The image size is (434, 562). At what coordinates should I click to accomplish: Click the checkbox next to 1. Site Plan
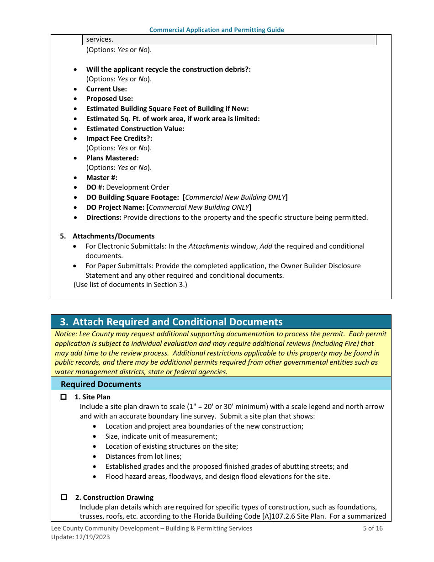tap(64, 397)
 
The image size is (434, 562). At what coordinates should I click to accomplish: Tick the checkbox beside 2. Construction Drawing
tap(64, 497)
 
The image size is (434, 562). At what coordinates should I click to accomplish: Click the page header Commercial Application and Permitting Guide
tap(217, 30)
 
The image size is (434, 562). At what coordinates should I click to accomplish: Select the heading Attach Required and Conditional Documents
tap(177, 322)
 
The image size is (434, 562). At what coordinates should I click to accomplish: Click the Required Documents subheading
tap(101, 384)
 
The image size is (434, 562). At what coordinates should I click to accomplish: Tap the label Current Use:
tap(106, 89)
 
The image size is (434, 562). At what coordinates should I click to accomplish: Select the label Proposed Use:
tap(110, 99)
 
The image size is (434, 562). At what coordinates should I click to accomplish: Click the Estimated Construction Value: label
tap(135, 129)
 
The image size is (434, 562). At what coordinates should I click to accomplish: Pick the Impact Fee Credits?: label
tap(119, 138)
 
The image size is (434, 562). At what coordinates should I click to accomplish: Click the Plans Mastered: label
tap(112, 158)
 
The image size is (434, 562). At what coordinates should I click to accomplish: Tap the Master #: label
tap(101, 177)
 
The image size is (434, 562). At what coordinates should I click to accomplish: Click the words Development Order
tap(138, 187)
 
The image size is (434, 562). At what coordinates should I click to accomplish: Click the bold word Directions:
tap(104, 217)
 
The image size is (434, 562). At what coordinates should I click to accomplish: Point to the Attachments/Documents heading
tap(113, 236)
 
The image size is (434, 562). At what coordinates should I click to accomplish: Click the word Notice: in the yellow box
tap(66, 334)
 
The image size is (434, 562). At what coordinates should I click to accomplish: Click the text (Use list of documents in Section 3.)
tap(130, 285)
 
